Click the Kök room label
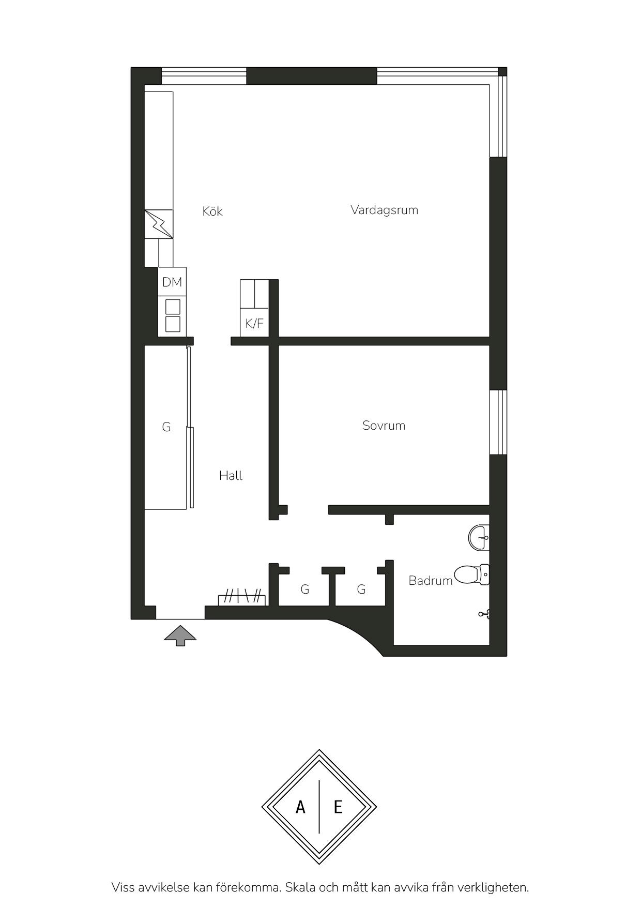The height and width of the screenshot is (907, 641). point(212,211)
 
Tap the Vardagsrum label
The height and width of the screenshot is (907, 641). point(384,210)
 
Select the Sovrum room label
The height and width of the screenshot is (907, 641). point(384,426)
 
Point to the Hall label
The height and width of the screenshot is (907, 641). point(231,476)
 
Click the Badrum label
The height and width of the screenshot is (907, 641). point(430,581)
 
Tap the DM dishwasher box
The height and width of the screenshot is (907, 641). point(172,282)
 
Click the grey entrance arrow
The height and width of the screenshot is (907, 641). point(180,636)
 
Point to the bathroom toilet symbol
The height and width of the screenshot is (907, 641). point(471,575)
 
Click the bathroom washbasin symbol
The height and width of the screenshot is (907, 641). point(479,538)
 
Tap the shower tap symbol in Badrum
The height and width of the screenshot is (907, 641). point(484,614)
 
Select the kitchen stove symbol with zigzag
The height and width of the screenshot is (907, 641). point(159,224)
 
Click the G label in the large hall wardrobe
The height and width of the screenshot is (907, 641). point(166,427)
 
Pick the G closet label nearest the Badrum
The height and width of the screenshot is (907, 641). point(361,589)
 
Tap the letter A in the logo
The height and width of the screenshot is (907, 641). point(300,807)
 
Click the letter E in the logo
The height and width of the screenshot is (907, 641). point(338,807)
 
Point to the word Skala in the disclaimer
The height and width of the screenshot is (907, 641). point(300,887)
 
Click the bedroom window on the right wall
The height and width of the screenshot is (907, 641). point(498,422)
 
